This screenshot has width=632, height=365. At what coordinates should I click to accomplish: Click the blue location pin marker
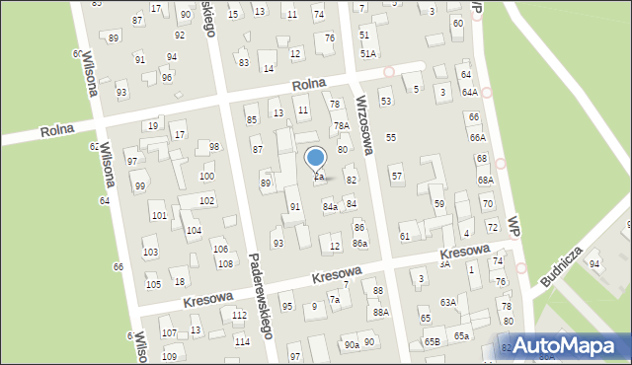point(316,159)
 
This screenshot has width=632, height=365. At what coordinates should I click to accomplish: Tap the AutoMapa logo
point(566,344)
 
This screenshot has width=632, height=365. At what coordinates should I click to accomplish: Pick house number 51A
point(367,53)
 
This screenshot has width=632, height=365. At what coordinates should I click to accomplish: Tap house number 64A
point(470,92)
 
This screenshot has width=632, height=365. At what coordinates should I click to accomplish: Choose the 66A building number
point(478,138)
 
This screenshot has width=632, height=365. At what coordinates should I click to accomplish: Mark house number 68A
point(485,181)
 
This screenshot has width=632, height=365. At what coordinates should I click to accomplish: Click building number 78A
point(341,125)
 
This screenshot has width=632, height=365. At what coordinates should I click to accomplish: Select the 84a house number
point(331,206)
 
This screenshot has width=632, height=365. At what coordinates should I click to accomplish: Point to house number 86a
point(360,243)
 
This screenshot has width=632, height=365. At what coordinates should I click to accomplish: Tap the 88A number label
point(380,312)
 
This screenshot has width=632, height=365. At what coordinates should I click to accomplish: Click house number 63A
point(448,302)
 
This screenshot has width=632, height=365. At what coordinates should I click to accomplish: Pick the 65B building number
point(433,341)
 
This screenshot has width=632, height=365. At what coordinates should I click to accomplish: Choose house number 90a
point(352,344)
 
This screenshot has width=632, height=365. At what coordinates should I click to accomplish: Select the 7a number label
point(336,299)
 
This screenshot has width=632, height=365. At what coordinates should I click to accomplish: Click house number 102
point(206,199)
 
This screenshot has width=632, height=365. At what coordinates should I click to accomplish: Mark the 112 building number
point(240,315)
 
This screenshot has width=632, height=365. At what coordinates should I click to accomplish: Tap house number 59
point(439,203)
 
